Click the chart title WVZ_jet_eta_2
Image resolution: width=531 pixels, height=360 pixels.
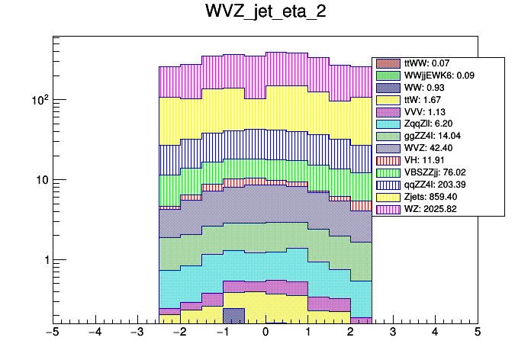[265, 13]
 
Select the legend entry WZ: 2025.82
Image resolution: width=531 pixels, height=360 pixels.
[431, 209]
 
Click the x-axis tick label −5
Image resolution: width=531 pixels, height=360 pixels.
[53, 332]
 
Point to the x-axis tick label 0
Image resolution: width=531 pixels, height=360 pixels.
[265, 332]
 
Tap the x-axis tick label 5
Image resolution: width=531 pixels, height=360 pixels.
[477, 332]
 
